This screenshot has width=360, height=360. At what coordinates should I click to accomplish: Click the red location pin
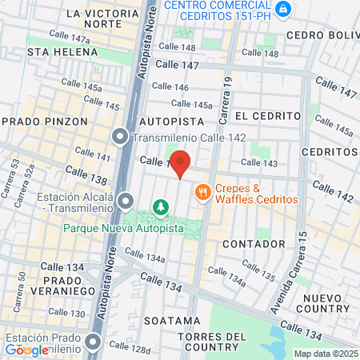pos(181,163)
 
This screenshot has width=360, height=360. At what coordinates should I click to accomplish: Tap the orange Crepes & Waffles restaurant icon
pos(202,191)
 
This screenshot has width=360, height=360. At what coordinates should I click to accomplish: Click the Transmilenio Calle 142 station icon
pos(121,137)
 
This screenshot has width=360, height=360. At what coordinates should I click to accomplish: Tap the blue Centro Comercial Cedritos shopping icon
pos(282,9)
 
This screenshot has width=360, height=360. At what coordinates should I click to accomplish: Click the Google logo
pos(26,350)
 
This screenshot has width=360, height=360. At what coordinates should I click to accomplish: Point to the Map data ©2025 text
pos(325,353)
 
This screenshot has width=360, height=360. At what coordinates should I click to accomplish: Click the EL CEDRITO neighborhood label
pos(260,115)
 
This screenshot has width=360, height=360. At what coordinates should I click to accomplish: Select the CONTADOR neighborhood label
pos(254,242)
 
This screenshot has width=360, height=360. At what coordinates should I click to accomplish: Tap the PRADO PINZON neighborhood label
pos(37,120)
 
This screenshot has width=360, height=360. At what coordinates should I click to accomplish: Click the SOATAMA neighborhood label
pos(172,320)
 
